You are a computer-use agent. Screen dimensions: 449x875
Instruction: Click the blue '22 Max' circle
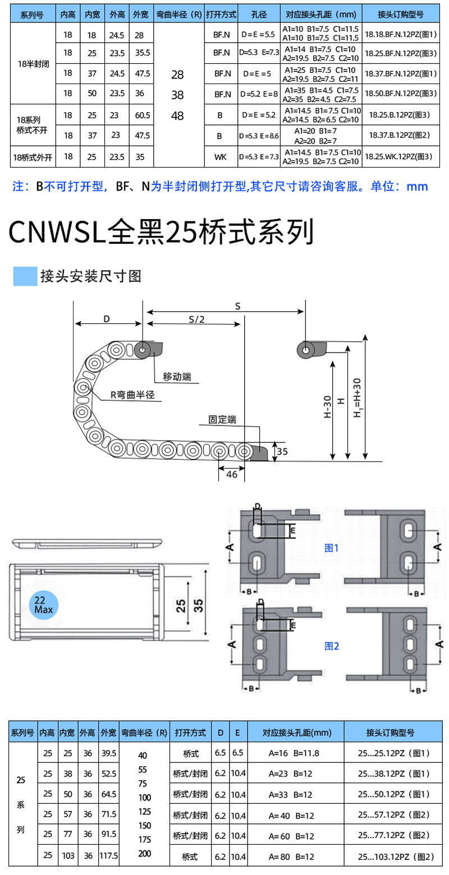43,605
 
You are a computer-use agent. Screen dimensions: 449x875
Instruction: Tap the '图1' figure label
332,548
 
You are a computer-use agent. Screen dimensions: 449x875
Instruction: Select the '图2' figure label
332,646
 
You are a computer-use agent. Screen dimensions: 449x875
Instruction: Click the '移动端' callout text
177,377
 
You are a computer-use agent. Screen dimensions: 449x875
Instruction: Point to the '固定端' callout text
222,419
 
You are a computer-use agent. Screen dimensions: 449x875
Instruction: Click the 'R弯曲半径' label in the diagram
132,395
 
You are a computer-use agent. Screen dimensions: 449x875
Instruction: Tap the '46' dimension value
232,474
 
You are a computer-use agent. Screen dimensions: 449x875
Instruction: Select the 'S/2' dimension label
196,320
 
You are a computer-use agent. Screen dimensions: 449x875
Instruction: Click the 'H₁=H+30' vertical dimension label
357,397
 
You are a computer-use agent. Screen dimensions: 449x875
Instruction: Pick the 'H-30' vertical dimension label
328,407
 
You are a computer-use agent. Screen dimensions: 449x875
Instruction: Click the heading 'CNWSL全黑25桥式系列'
161,232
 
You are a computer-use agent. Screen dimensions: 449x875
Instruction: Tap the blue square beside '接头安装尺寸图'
25,276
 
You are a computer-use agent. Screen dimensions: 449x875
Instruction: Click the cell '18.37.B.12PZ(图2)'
399,135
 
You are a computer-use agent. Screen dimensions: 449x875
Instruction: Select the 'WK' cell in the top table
221,157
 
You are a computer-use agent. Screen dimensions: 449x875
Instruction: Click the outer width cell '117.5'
109,855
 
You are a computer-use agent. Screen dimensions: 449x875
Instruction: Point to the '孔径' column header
259,15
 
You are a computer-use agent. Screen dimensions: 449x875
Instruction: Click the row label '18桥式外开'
33,158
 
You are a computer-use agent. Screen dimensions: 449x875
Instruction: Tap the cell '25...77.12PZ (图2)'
393,835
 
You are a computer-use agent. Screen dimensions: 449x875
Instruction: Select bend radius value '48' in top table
177,115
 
